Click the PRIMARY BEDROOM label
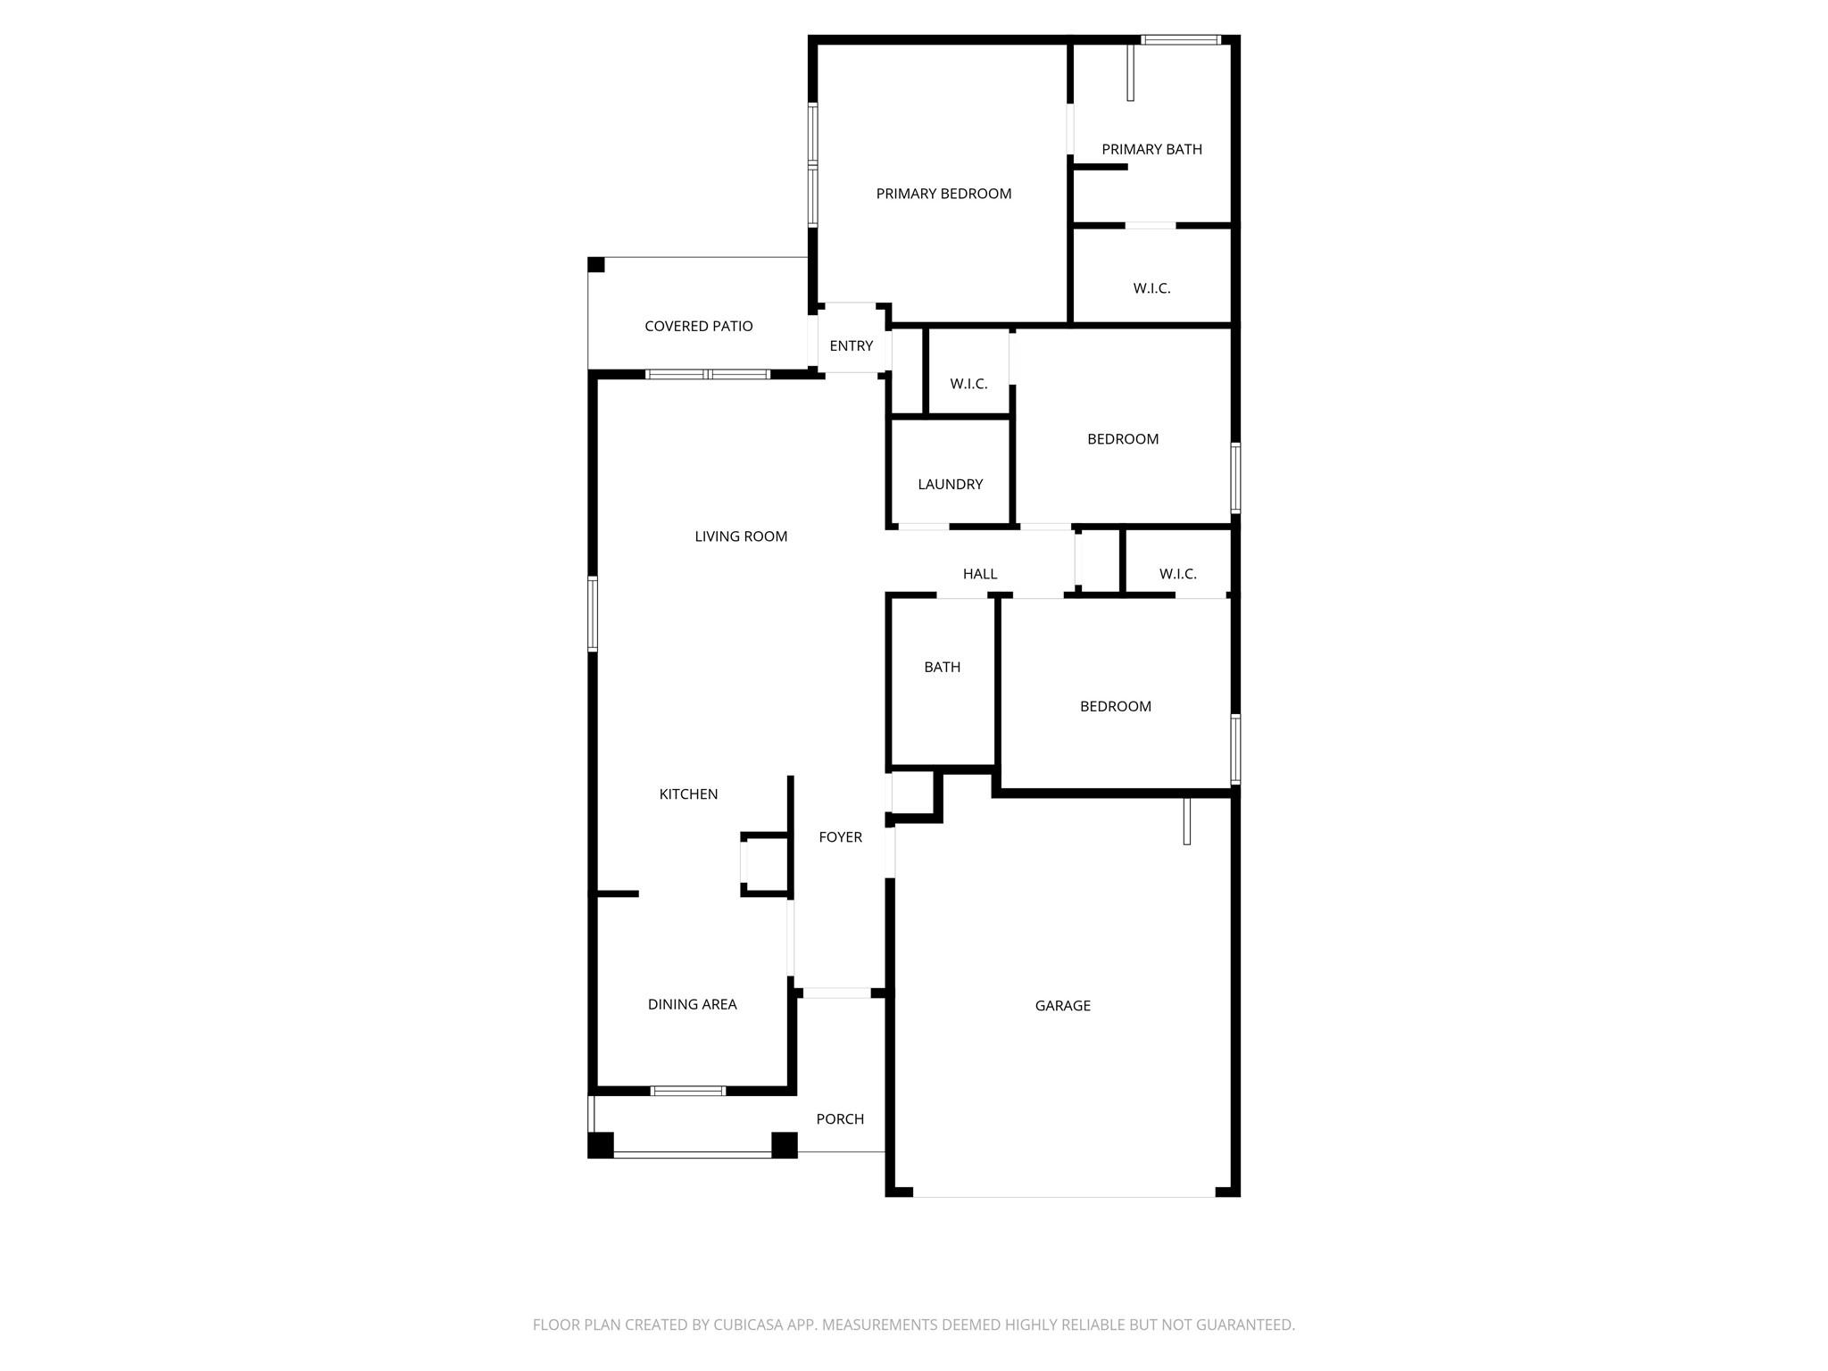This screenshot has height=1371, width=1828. tap(943, 194)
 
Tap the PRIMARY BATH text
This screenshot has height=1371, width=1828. tap(1151, 149)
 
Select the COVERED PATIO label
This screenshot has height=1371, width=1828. tap(699, 326)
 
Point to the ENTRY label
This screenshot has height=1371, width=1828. tap(851, 345)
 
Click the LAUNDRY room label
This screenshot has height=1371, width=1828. tap(950, 484)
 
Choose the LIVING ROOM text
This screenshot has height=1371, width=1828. tap(741, 536)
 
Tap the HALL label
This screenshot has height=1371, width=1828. tap(980, 574)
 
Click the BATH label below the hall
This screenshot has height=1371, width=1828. tap(942, 667)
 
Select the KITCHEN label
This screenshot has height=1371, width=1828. tap(688, 794)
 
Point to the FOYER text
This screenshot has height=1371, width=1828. tap(840, 836)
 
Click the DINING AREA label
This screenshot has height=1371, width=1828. tap(692, 1004)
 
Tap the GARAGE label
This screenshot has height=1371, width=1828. tap(1062, 1005)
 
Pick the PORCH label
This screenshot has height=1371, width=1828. tap(840, 1118)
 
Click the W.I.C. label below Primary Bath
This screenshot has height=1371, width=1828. tap(1151, 288)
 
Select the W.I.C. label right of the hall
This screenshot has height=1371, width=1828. tap(1177, 574)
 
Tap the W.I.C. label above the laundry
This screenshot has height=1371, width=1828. tap(968, 384)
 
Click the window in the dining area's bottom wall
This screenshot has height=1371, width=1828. tap(687, 1091)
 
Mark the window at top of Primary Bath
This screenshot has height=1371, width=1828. tap(1181, 39)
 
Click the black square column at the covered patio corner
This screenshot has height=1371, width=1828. tap(596, 265)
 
